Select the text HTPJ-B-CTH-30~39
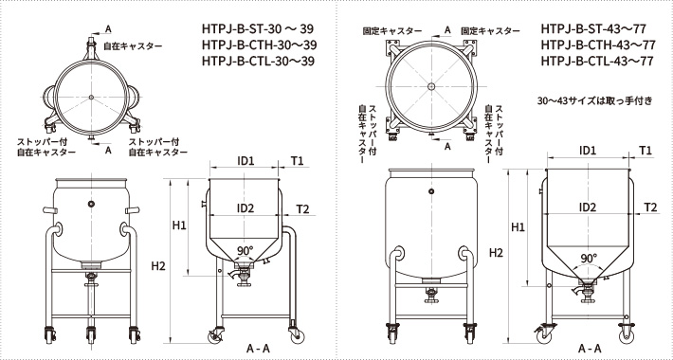click(258, 45)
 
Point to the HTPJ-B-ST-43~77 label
click(597, 28)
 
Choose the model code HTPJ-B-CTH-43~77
click(597, 45)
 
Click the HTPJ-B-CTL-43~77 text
click(597, 62)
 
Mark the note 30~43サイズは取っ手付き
click(595, 99)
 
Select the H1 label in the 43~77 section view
click(518, 227)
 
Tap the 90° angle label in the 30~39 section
click(246, 250)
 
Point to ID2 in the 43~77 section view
click(588, 207)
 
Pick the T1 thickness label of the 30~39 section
click(298, 161)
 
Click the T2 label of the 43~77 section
click(651, 207)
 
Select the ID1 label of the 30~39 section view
click(246, 161)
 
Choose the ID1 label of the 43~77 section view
click(588, 151)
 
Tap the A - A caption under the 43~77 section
click(588, 349)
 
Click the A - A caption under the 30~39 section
click(258, 349)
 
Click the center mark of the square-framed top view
click(431, 86)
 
